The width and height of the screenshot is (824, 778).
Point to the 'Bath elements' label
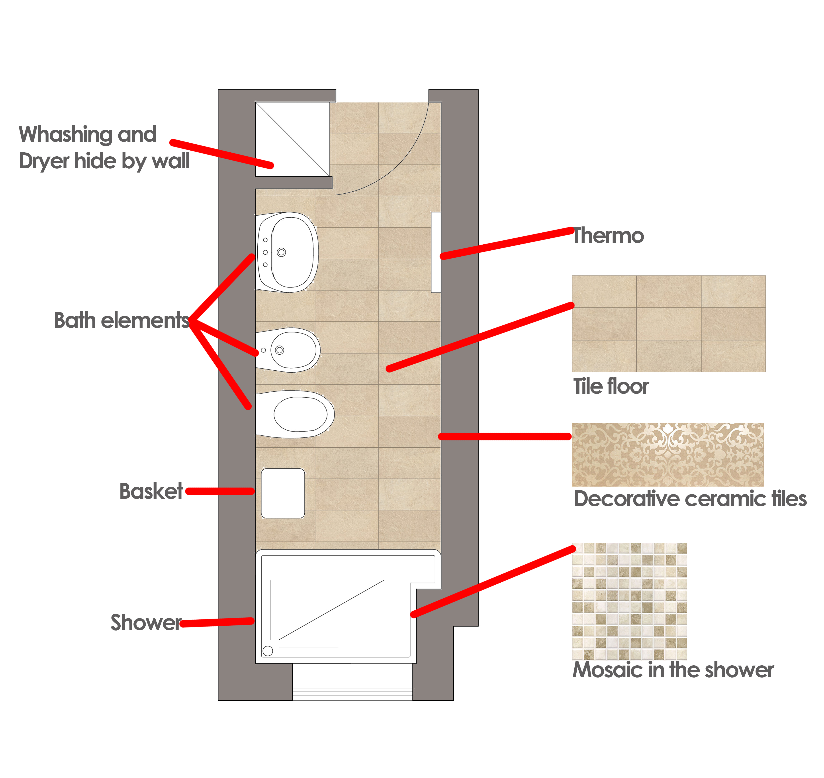[x=121, y=320]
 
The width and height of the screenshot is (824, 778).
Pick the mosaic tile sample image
[x=629, y=601]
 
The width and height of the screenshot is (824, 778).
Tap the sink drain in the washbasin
[x=282, y=252]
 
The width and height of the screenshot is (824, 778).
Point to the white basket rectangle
[x=283, y=493]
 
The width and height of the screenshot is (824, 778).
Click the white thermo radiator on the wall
[x=436, y=252]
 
